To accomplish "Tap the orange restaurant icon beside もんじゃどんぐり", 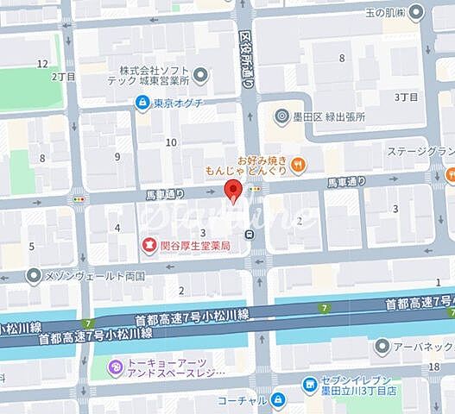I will pos(298,164).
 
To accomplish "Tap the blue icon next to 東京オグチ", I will pos(141,103).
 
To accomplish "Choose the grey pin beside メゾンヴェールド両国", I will pos(34,276).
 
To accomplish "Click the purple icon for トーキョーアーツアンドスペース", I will pos(115,368).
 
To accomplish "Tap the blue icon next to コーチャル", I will pos(278,399).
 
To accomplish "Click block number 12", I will pos(42,64).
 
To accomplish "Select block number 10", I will pos(172,142).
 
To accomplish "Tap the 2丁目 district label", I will pos(63,76).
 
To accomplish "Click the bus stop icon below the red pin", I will pos(250,234).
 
